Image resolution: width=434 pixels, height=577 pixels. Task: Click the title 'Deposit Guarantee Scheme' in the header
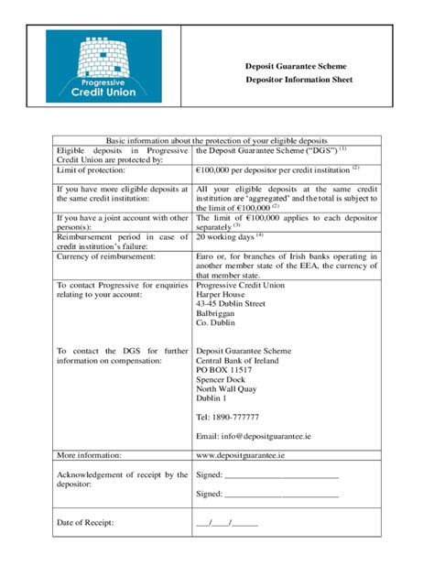coord(295,67)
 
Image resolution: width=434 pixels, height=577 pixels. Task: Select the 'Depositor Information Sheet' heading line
coord(295,81)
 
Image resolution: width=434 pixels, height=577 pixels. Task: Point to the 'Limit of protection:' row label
coord(92,170)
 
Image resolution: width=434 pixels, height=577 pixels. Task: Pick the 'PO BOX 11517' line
coord(227,370)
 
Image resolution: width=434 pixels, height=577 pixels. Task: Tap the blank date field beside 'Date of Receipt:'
coord(227,523)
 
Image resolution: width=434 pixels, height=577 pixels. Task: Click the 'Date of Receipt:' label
coord(85,523)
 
